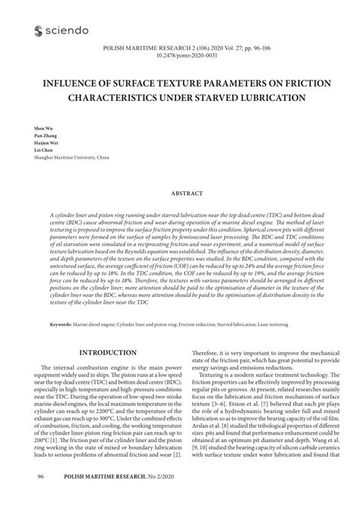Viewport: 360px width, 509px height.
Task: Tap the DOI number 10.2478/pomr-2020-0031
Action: (x=179, y=55)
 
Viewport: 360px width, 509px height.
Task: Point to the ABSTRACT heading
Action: (x=179, y=193)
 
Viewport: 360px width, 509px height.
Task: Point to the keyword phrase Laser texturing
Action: (x=274, y=324)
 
